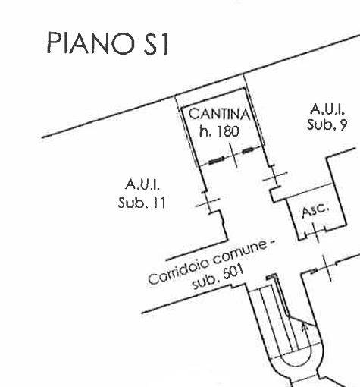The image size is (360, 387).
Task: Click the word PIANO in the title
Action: coord(90,43)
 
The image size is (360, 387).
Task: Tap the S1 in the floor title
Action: coord(156,43)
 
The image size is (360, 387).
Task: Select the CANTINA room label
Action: coord(219,114)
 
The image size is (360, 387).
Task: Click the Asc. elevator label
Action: coord(315,210)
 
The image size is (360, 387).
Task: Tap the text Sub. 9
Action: coord(327,124)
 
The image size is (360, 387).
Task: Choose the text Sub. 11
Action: coord(142,203)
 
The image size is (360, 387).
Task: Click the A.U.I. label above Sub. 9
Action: coord(327,109)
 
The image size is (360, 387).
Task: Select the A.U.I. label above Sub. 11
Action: coord(142,184)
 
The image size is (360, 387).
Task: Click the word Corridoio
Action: coord(179,269)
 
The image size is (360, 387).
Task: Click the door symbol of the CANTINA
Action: coord(233,156)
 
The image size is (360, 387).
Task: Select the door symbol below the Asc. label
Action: coord(315,232)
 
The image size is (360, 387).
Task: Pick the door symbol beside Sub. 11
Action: coord(208,203)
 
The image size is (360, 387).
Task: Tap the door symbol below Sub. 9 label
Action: coord(275,177)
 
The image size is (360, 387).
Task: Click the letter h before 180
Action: coord(204,131)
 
